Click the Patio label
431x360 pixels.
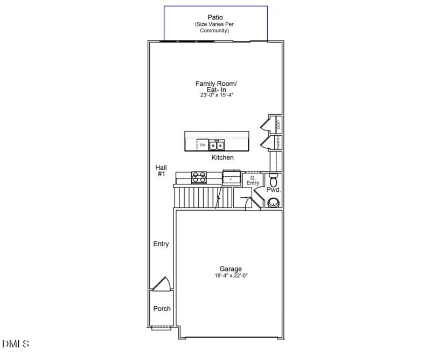click(215, 18)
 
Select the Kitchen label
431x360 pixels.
click(223, 157)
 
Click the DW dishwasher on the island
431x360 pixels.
click(203, 145)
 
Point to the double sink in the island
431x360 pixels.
click(217, 145)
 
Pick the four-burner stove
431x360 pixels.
click(199, 176)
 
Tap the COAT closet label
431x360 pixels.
click(279, 123)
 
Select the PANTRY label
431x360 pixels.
click(279, 143)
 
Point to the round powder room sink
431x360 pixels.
click(274, 203)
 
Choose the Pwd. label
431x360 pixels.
click(274, 190)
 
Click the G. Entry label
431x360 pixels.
click(253, 180)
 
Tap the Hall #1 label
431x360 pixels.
click(161, 171)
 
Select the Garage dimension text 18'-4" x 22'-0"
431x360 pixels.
click(231, 275)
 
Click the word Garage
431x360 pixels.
click(231, 268)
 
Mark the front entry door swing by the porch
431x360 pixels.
click(162, 284)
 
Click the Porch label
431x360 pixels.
click(162, 309)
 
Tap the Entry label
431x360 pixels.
click(161, 244)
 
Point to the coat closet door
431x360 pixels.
click(266, 124)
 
